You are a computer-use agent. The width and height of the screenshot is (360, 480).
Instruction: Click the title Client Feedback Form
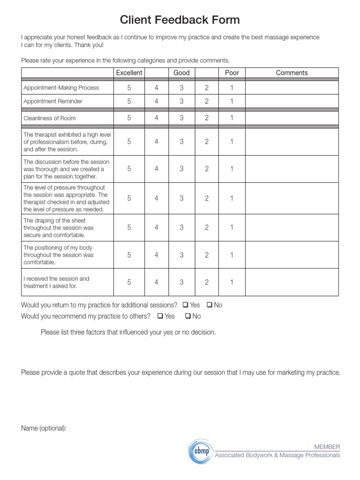(x=180, y=20)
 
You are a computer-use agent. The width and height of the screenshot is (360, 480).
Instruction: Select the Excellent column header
(x=129, y=73)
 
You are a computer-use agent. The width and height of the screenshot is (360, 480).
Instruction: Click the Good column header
(x=181, y=73)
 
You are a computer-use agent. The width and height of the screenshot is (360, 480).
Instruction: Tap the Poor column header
(x=232, y=73)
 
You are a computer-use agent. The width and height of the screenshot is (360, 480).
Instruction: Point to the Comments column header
(x=292, y=73)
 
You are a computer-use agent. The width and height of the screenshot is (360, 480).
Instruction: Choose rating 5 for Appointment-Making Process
(x=129, y=88)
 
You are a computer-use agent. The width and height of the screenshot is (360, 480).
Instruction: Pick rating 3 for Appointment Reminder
(x=181, y=101)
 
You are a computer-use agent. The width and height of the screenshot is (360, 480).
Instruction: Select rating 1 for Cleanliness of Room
(x=232, y=118)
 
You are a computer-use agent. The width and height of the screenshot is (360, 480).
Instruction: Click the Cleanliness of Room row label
(x=50, y=119)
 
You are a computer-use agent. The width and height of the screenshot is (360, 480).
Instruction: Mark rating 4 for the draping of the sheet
(x=157, y=227)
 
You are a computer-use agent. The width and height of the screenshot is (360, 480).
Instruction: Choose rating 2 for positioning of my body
(x=207, y=255)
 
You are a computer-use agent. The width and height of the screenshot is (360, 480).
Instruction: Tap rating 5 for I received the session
(x=129, y=282)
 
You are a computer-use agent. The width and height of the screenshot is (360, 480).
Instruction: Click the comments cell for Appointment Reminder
(x=292, y=101)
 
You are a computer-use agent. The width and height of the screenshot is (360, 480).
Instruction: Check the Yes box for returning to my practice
(x=185, y=305)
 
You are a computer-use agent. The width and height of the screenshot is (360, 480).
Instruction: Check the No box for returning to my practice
(x=209, y=305)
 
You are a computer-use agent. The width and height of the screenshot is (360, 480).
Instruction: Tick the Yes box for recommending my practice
(x=160, y=316)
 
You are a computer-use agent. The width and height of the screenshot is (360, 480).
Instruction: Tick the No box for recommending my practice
(x=187, y=316)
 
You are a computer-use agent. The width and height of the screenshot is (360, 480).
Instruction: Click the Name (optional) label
(x=44, y=428)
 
